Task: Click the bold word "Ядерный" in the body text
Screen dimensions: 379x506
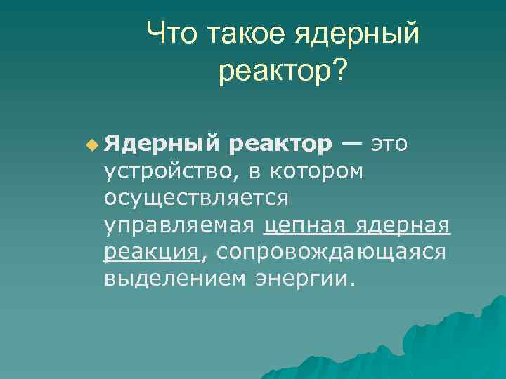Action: (162, 144)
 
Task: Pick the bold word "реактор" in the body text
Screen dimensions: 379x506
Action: (280, 145)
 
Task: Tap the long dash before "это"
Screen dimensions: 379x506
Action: (353, 144)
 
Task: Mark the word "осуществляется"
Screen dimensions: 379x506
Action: (196, 199)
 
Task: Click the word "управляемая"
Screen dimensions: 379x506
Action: (181, 226)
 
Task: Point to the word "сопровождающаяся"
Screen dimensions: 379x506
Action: (331, 253)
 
